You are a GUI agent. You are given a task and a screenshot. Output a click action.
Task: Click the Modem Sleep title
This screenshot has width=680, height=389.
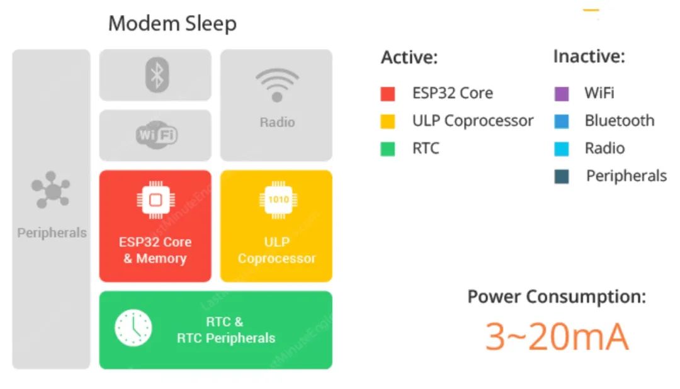172,23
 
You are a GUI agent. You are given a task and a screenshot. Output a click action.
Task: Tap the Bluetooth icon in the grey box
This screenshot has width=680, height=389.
157,75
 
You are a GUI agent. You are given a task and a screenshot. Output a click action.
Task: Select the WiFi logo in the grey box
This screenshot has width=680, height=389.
157,135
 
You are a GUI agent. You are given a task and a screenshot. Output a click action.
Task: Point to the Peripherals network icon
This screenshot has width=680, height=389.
51,189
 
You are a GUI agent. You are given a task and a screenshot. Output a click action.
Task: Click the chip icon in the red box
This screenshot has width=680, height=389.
156,200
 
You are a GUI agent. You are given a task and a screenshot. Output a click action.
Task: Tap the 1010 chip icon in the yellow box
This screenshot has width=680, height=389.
278,200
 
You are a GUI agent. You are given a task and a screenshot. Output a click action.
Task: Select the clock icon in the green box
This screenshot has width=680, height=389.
133,328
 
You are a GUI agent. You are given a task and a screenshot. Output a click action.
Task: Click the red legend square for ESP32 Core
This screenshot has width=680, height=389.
388,94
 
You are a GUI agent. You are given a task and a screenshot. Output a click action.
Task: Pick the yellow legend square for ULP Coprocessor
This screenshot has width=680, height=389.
388,121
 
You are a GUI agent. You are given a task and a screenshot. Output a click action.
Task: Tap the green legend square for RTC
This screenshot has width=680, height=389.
388,149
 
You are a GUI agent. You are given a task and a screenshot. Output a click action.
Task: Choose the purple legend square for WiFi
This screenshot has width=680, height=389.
562,94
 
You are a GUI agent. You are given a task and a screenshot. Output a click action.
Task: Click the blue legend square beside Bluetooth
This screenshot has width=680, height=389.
562,121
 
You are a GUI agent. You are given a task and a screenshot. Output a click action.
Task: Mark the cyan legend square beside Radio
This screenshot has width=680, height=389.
562,149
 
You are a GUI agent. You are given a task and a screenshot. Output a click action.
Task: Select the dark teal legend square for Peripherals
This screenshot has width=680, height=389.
562,176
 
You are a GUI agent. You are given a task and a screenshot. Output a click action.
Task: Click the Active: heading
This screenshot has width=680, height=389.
409,57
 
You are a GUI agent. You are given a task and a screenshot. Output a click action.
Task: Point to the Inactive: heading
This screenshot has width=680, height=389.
589,57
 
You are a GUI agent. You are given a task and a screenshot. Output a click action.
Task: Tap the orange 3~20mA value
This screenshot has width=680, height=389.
557,337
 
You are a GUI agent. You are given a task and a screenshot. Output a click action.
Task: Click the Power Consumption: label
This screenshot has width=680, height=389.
557,296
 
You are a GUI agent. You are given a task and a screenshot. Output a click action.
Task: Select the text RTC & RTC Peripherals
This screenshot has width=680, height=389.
226,330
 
